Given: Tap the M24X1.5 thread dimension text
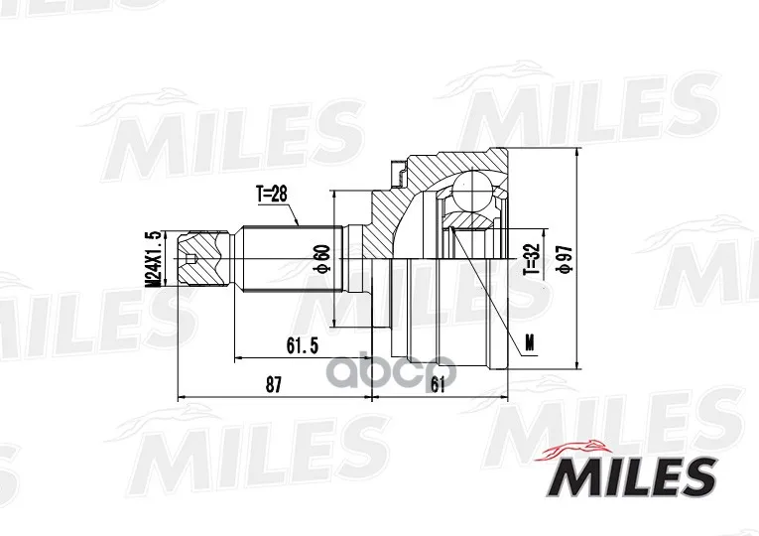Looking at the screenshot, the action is [x=155, y=259].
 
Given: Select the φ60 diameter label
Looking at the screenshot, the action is [x=322, y=259].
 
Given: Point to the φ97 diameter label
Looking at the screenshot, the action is [x=566, y=259].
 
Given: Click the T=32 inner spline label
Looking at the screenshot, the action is [x=532, y=258].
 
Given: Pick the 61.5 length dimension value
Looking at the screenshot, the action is [x=302, y=345].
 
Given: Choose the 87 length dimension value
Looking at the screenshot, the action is [x=274, y=385].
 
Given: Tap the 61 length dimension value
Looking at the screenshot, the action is [x=438, y=385].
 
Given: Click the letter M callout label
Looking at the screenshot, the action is [x=531, y=343].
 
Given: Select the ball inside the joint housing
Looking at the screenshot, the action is [x=471, y=191].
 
